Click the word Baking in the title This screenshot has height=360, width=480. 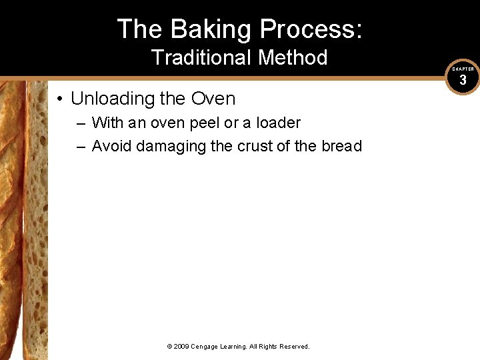pyautogui.click(x=211, y=29)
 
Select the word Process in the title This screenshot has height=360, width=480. pyautogui.click(x=311, y=29)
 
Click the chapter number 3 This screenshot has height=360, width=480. pyautogui.click(x=463, y=81)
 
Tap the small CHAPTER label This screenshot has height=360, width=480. pyautogui.click(x=463, y=69)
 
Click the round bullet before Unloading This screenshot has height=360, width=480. pyautogui.click(x=60, y=99)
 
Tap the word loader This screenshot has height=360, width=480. pyautogui.click(x=277, y=123)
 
